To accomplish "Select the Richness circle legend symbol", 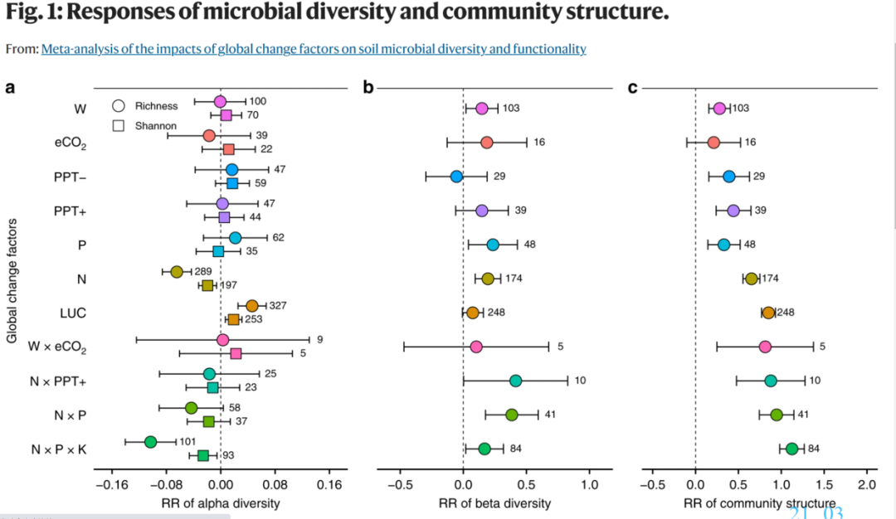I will point(119,106).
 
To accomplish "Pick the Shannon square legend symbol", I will point(119,126).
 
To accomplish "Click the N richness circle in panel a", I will point(176,272).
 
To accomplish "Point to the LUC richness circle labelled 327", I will point(252,306).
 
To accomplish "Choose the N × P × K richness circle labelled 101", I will point(150,442).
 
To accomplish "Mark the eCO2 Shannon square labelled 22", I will point(229,149).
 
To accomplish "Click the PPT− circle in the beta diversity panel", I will point(456,177).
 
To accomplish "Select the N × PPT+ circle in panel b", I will point(515,381).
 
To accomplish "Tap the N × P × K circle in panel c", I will point(791,449).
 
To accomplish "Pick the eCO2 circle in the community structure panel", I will point(713,143).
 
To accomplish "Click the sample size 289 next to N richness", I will point(204,272).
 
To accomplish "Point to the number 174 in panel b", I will point(514,279).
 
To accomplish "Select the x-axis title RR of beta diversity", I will point(494,503).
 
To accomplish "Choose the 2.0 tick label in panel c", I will point(866,484).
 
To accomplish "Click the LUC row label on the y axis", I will point(75,313).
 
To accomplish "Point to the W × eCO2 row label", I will point(58,347).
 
